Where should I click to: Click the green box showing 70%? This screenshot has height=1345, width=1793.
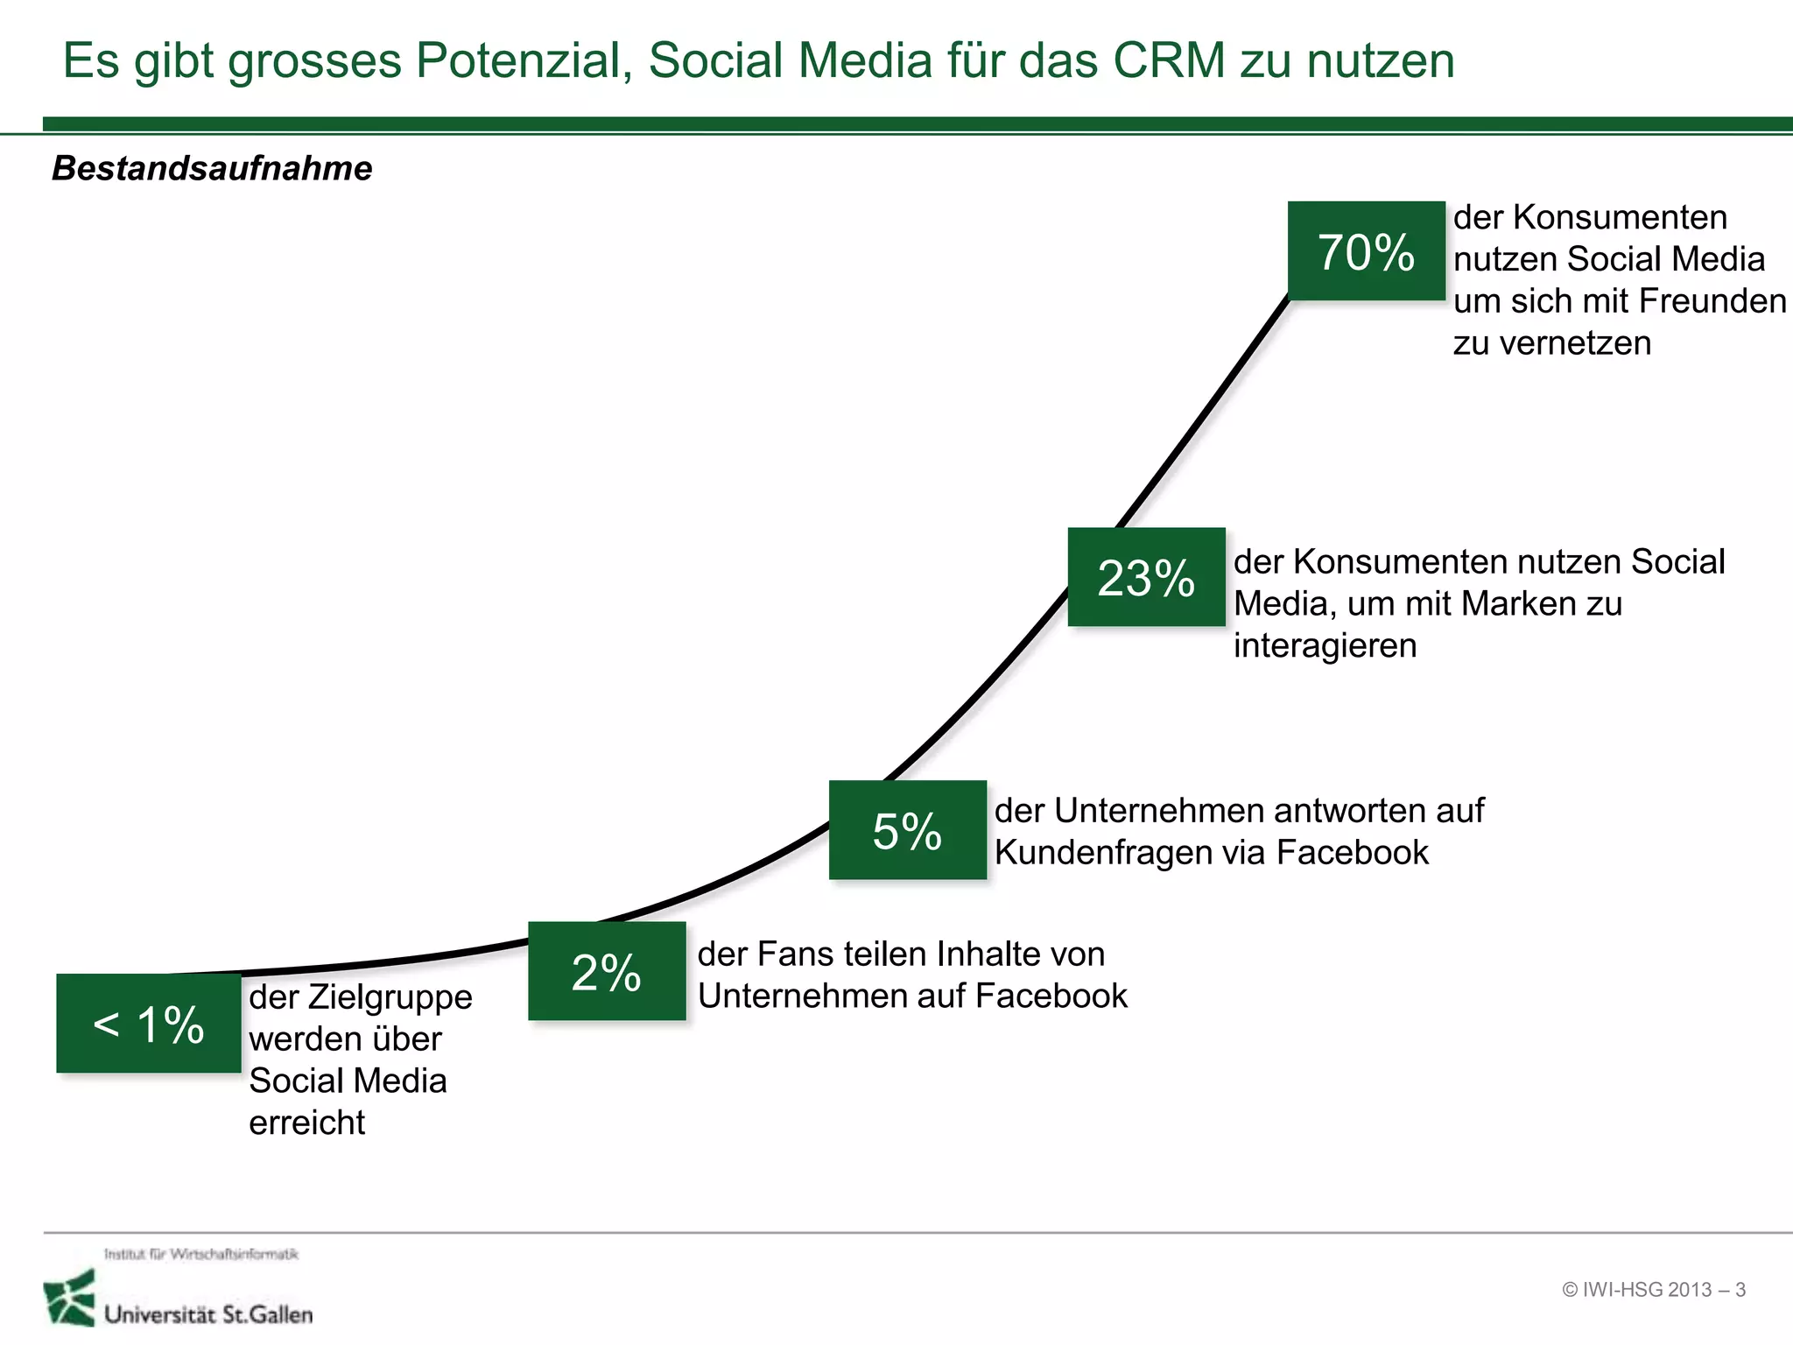coord(1366,251)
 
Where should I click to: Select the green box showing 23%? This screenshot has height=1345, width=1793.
coord(1146,577)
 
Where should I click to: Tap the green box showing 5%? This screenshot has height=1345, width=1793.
coord(907,830)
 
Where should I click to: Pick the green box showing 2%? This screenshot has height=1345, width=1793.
coord(607,971)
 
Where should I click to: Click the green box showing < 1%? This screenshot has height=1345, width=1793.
coord(149,1024)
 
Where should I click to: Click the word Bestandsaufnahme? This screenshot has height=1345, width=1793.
coord(212,168)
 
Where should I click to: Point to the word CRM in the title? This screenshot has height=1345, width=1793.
coord(1168,60)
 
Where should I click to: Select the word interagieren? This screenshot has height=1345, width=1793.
coord(1325,645)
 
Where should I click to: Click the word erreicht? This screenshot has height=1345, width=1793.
coord(306,1123)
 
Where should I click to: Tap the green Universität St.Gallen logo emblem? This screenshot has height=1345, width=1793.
coord(69,1299)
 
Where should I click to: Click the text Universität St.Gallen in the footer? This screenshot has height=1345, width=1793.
coord(208,1314)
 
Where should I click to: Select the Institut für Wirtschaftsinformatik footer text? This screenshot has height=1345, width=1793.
coord(201,1254)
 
